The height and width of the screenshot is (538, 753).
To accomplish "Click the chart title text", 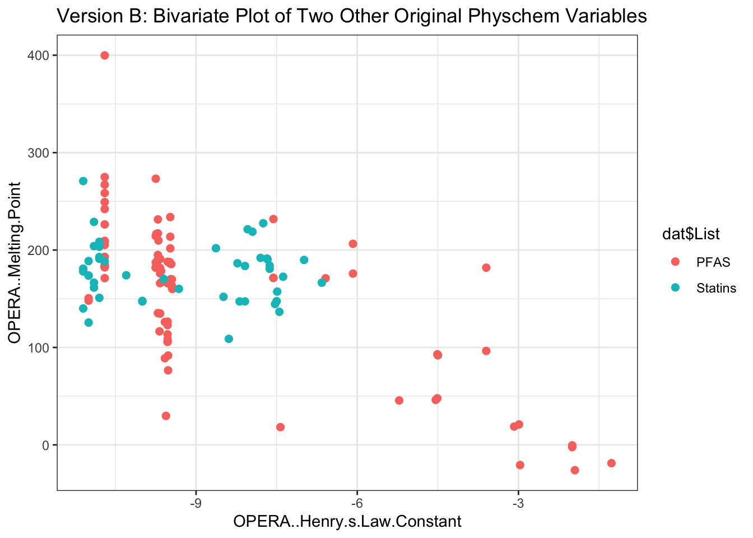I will point(352,16).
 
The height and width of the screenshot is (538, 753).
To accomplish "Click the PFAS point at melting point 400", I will point(104,55).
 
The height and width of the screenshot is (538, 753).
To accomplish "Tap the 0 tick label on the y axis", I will point(46,445).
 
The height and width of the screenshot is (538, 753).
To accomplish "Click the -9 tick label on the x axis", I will point(196,502).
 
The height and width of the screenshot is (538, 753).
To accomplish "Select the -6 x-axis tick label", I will point(357,502).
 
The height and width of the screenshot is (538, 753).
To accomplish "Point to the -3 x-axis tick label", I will point(518,502).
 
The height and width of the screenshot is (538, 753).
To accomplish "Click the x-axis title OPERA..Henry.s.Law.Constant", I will point(347,522).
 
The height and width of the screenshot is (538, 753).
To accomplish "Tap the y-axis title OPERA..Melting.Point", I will point(15,262).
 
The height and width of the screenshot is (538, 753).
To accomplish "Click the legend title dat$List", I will point(691,234).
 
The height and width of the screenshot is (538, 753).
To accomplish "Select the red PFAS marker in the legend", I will point(675,262).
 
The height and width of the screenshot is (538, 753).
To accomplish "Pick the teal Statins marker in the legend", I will point(675,287).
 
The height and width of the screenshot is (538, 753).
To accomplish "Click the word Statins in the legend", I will point(716,288).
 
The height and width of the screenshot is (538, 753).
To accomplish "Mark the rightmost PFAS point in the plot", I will point(611,463).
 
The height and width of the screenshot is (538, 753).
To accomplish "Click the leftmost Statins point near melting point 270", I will point(83,181).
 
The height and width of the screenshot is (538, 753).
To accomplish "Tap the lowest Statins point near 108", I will point(229,338).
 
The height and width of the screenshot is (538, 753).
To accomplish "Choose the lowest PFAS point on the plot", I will point(575,470).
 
